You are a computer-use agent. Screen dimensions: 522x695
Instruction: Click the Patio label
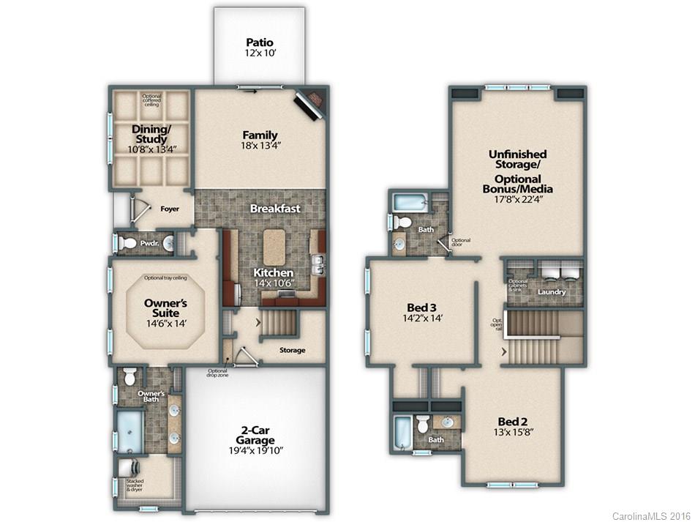tap(259, 42)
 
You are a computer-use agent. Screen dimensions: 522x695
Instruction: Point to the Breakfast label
tap(275, 209)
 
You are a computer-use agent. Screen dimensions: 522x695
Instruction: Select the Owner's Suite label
tap(165, 308)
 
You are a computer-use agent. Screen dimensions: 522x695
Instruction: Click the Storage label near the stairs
tap(292, 350)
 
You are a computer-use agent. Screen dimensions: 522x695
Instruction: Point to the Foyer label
tap(170, 209)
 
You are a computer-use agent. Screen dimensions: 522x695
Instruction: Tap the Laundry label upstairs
tap(552, 292)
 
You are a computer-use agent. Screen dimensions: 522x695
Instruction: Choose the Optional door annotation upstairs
tap(460, 243)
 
